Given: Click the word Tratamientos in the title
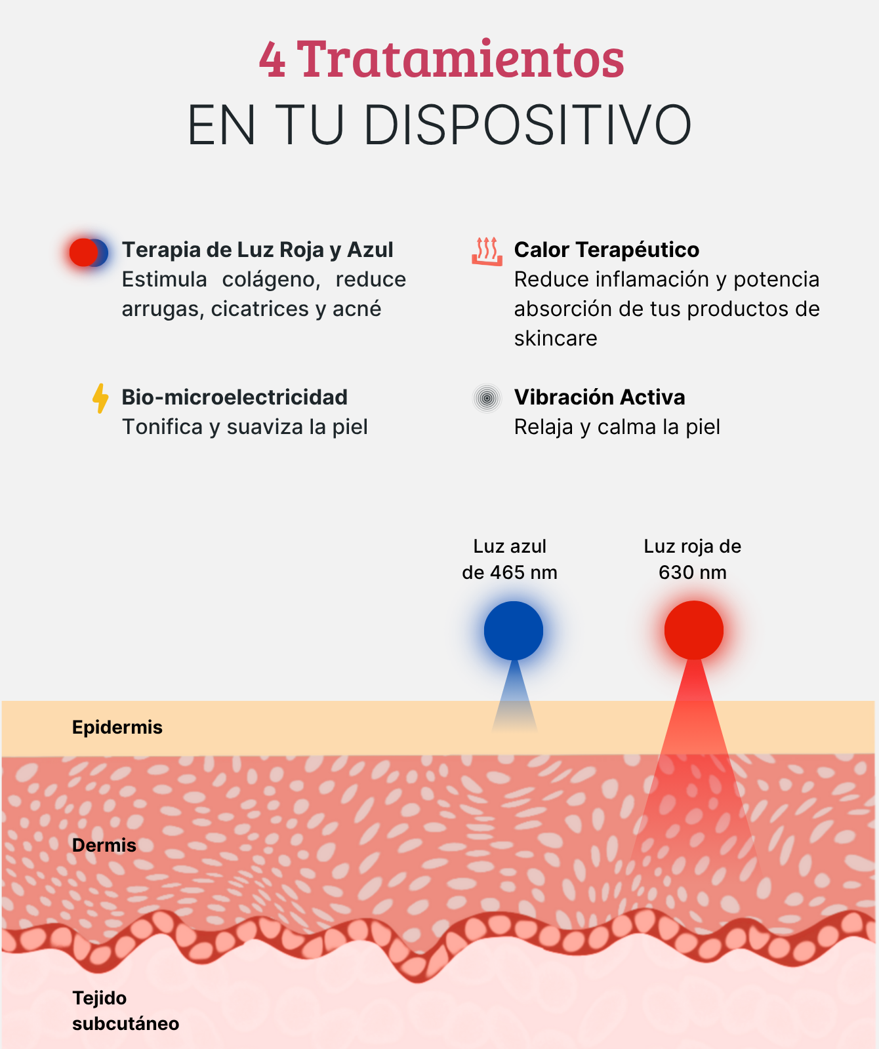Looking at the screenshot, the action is pyautogui.click(x=460, y=59).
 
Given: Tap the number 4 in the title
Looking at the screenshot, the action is pyautogui.click(x=272, y=60).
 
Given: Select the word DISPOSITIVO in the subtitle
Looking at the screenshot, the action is pyautogui.click(x=527, y=125).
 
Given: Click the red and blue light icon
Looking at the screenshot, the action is pyautogui.click(x=89, y=252).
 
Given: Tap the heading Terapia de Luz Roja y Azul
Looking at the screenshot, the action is pyautogui.click(x=258, y=250).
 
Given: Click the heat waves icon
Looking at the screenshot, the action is pyautogui.click(x=487, y=251).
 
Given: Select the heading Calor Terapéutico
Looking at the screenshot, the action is pyautogui.click(x=607, y=250).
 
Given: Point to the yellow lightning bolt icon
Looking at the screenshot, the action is pyautogui.click(x=100, y=399).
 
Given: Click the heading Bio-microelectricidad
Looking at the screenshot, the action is pyautogui.click(x=235, y=397).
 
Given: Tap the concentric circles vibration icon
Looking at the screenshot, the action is pyautogui.click(x=487, y=398).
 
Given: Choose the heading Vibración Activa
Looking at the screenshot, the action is pyautogui.click(x=600, y=397).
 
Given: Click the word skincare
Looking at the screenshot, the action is pyautogui.click(x=556, y=338).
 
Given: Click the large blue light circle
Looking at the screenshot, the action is pyautogui.click(x=514, y=631).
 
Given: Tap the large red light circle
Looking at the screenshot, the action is pyautogui.click(x=694, y=630).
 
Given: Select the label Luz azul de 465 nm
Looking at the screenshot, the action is pyautogui.click(x=510, y=559).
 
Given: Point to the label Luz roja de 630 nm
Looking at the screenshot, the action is pyautogui.click(x=693, y=559).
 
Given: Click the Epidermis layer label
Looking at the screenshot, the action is pyautogui.click(x=117, y=727).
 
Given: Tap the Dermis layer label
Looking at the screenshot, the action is pyautogui.click(x=104, y=845).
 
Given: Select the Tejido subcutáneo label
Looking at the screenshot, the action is pyautogui.click(x=126, y=1011).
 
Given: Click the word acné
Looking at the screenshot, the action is pyautogui.click(x=357, y=309).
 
